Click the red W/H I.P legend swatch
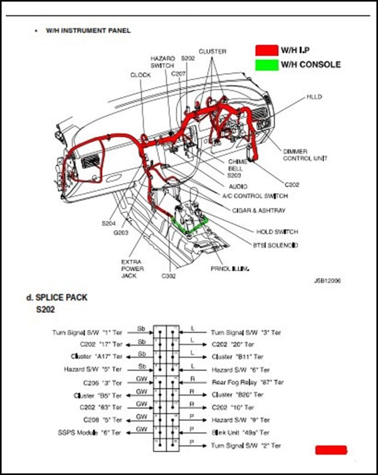(x=267, y=50)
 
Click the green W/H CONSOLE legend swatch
(x=267, y=65)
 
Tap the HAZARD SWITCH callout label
(x=162, y=62)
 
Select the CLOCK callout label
(x=140, y=75)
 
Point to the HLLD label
(x=314, y=97)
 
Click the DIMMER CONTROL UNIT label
(x=305, y=155)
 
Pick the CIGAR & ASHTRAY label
(x=259, y=211)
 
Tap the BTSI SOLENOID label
(x=276, y=245)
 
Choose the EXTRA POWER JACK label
(x=132, y=269)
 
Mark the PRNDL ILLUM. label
(x=230, y=269)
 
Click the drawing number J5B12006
(x=327, y=281)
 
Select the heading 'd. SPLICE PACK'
(x=57, y=298)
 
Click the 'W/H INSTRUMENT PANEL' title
(x=88, y=31)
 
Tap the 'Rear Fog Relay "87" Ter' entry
(x=248, y=382)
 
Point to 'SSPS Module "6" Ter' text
(x=89, y=433)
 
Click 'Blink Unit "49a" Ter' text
(x=241, y=433)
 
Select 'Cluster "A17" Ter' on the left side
(x=96, y=357)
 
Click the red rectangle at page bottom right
(x=331, y=450)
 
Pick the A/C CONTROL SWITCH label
(x=255, y=196)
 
